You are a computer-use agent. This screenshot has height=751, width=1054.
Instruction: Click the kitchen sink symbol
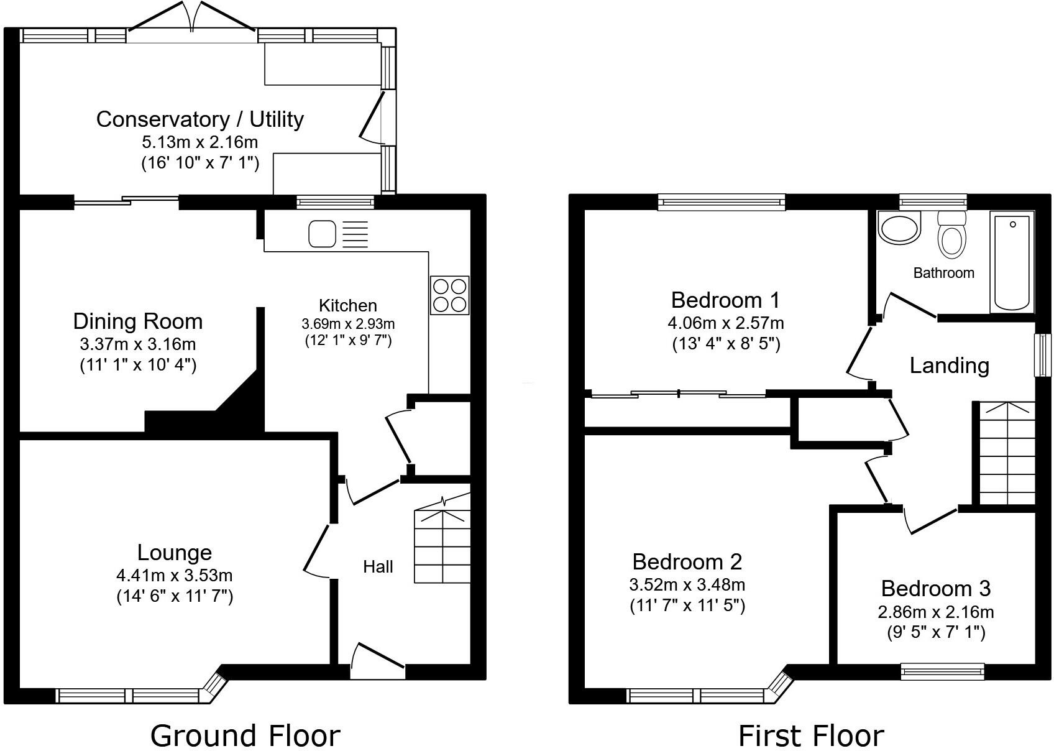click(323, 234)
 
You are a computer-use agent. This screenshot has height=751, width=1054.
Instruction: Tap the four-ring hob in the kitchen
click(449, 295)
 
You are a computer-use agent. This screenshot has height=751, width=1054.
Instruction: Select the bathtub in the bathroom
click(1012, 261)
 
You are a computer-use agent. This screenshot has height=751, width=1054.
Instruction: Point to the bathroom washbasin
click(899, 228)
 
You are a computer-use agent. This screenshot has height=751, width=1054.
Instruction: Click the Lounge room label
click(175, 552)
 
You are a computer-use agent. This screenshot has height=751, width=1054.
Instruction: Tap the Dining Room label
click(138, 321)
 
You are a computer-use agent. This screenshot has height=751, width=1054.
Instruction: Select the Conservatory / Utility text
click(199, 119)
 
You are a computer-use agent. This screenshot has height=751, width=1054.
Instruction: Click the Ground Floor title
click(245, 735)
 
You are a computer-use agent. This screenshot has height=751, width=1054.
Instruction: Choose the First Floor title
click(810, 735)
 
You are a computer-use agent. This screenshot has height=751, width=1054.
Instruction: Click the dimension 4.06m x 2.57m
click(725, 323)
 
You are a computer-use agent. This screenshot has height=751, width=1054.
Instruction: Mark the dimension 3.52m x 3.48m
click(687, 584)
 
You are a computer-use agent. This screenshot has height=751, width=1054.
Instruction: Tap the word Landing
click(949, 365)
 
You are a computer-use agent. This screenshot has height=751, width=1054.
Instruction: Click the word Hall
click(378, 566)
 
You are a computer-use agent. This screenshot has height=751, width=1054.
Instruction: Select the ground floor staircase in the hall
click(442, 545)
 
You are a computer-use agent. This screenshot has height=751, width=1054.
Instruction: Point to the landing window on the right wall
click(1042, 355)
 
